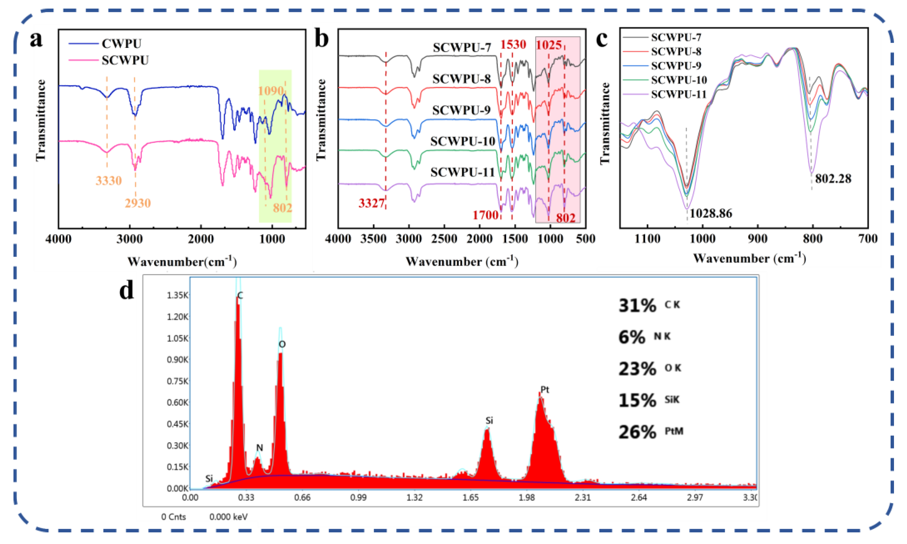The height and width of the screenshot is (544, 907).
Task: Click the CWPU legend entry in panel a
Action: (x=121, y=43)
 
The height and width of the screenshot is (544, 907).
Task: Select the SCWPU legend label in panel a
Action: (x=125, y=60)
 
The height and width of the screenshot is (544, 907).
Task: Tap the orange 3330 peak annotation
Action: (x=109, y=181)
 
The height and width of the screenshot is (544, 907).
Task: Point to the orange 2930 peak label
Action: (x=137, y=203)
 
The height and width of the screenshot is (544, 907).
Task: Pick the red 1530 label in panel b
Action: (x=513, y=45)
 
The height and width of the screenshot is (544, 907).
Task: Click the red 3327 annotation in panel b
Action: (x=371, y=203)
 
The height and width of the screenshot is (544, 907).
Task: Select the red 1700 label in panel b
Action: (x=485, y=215)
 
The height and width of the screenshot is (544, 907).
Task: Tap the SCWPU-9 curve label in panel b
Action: (x=461, y=110)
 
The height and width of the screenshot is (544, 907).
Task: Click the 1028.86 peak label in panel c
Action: (x=711, y=213)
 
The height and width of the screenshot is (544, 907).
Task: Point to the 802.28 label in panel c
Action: (x=833, y=179)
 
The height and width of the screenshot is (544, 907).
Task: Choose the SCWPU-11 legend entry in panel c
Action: (x=678, y=94)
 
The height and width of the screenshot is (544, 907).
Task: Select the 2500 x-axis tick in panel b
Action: (x=444, y=239)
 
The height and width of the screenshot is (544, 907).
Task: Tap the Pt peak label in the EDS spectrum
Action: (x=545, y=390)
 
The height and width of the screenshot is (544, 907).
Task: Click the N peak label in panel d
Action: (x=259, y=448)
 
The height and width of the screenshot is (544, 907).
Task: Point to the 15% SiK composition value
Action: (x=637, y=400)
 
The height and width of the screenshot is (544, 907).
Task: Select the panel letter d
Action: (x=127, y=292)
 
